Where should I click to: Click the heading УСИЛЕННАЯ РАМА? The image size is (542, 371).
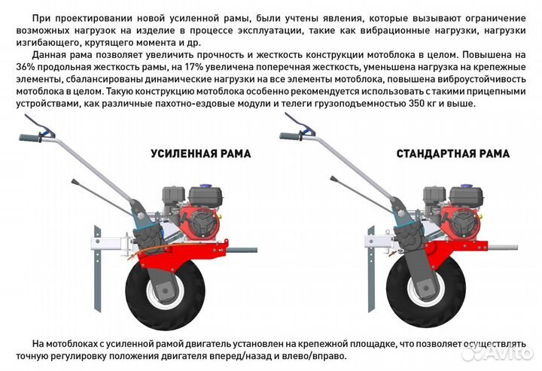click(x=201, y=154)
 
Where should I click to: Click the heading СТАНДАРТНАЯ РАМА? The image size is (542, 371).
click(x=452, y=154)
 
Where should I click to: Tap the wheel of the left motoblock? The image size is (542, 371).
click(x=163, y=290)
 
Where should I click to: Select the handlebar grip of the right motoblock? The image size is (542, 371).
click(x=291, y=138)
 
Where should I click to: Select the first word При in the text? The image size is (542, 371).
click(x=41, y=17)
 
